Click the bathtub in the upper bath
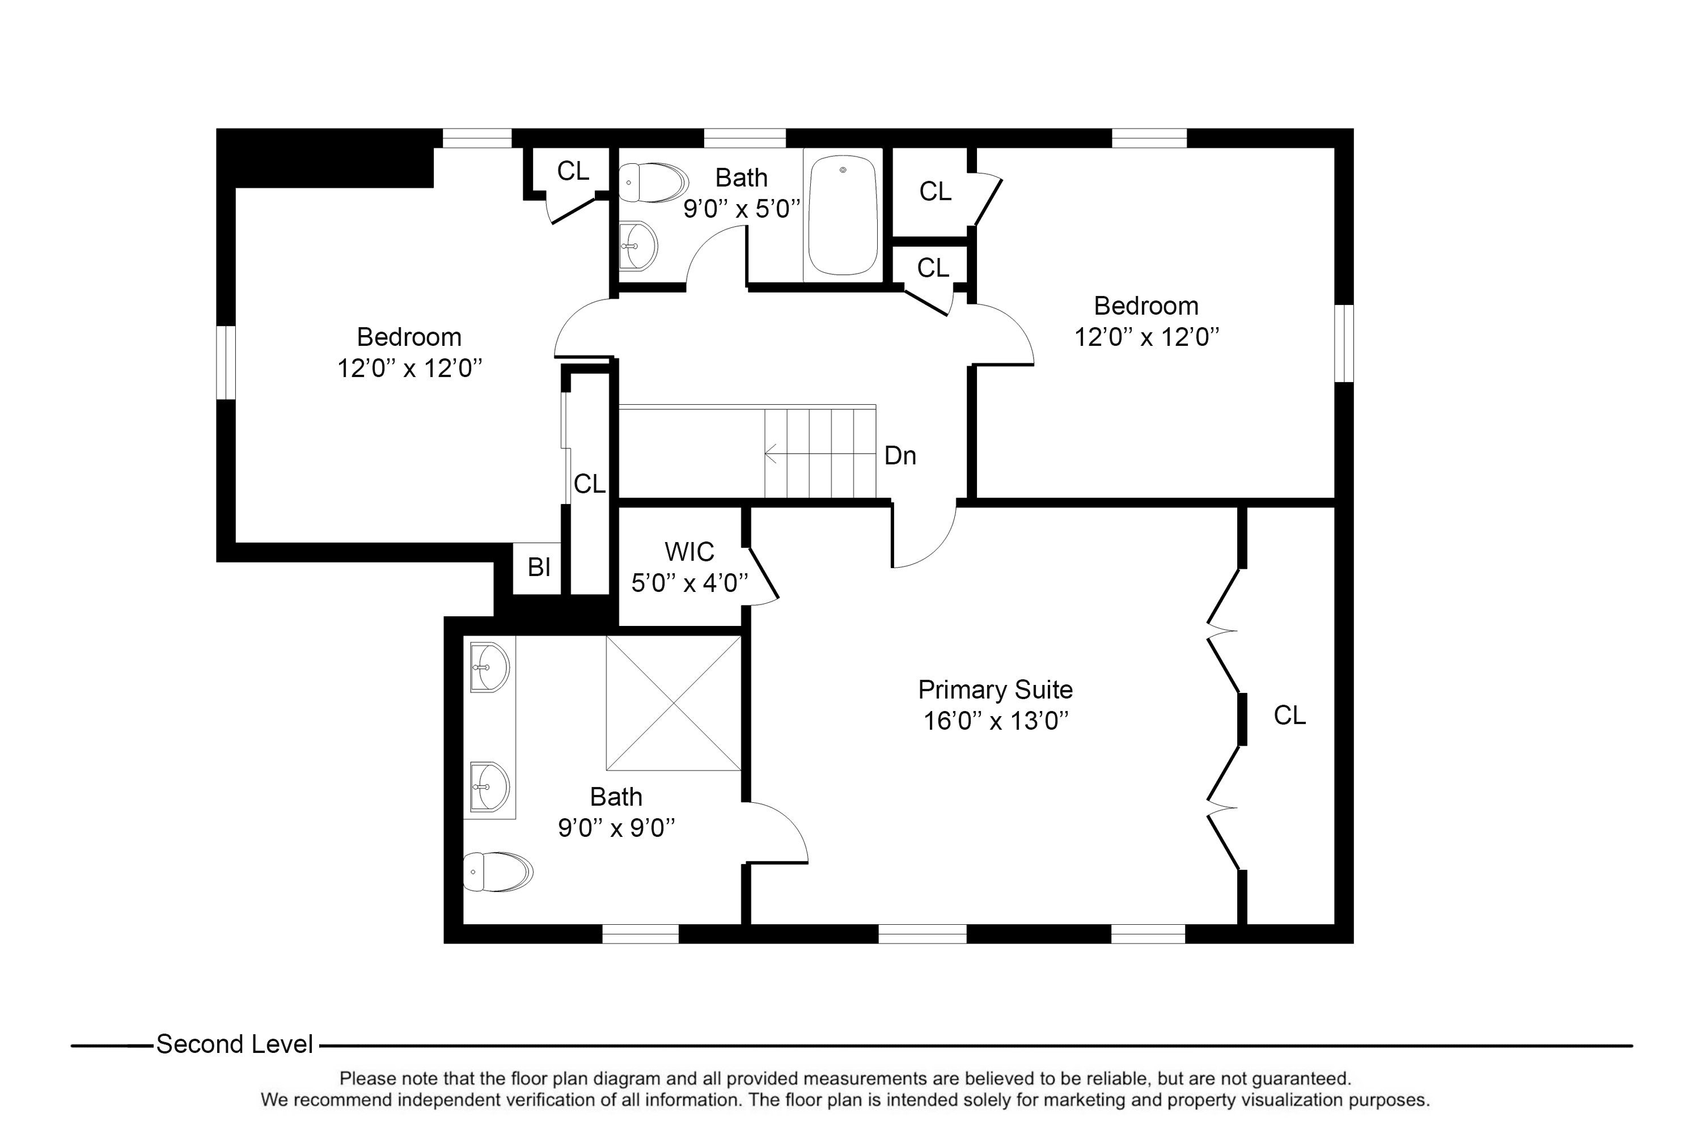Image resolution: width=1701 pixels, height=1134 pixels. tap(843, 215)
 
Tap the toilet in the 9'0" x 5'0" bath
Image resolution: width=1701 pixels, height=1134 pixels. tap(653, 182)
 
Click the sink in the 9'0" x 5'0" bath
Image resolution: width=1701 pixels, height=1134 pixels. tap(638, 246)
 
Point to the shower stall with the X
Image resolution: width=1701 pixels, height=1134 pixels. tap(674, 703)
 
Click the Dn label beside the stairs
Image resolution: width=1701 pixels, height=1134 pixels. tap(900, 456)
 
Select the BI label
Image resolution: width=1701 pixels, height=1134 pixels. tap(540, 568)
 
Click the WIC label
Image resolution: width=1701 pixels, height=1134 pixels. tap(689, 552)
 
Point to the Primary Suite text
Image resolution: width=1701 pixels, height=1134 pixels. tap(995, 690)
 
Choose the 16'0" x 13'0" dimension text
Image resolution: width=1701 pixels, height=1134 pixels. tap(996, 721)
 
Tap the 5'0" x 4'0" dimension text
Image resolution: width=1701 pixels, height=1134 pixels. tap(689, 583)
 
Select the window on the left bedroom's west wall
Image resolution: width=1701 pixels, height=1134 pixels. tap(226, 362)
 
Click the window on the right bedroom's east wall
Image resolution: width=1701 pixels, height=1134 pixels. tap(1344, 343)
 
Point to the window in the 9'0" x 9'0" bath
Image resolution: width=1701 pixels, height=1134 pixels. tap(641, 934)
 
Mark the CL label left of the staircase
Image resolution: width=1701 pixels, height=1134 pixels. tap(590, 484)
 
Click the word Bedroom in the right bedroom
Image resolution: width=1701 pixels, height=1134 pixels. tap(1146, 306)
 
